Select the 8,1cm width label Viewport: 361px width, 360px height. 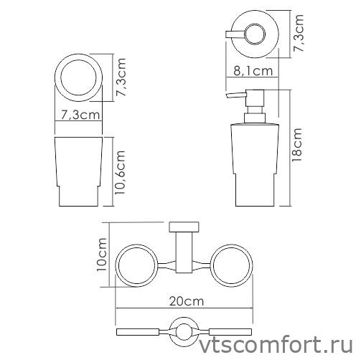[x=253, y=70]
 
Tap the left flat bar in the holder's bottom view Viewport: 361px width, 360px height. [x=140, y=331]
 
